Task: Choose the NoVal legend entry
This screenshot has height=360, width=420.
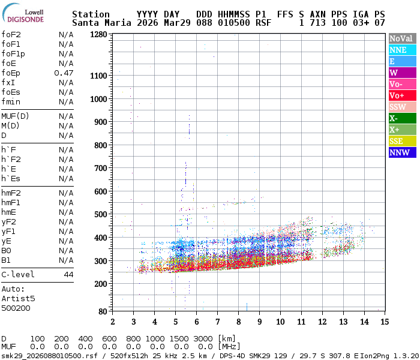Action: pyautogui.click(x=401, y=38)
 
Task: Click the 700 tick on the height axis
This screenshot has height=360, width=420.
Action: pyautogui.click(x=100, y=169)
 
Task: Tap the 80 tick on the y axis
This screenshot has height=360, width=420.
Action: pyautogui.click(x=103, y=311)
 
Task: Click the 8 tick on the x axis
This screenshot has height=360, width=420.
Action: pyautogui.click(x=238, y=322)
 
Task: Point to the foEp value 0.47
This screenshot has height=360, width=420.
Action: pyautogui.click(x=64, y=73)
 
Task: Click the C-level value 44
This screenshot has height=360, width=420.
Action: pyautogui.click(x=68, y=274)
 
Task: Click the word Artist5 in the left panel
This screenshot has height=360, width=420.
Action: pyautogui.click(x=18, y=298)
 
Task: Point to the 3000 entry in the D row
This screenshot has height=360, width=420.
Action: pyautogui.click(x=204, y=339)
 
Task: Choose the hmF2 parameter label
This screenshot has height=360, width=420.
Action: pyautogui.click(x=11, y=193)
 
